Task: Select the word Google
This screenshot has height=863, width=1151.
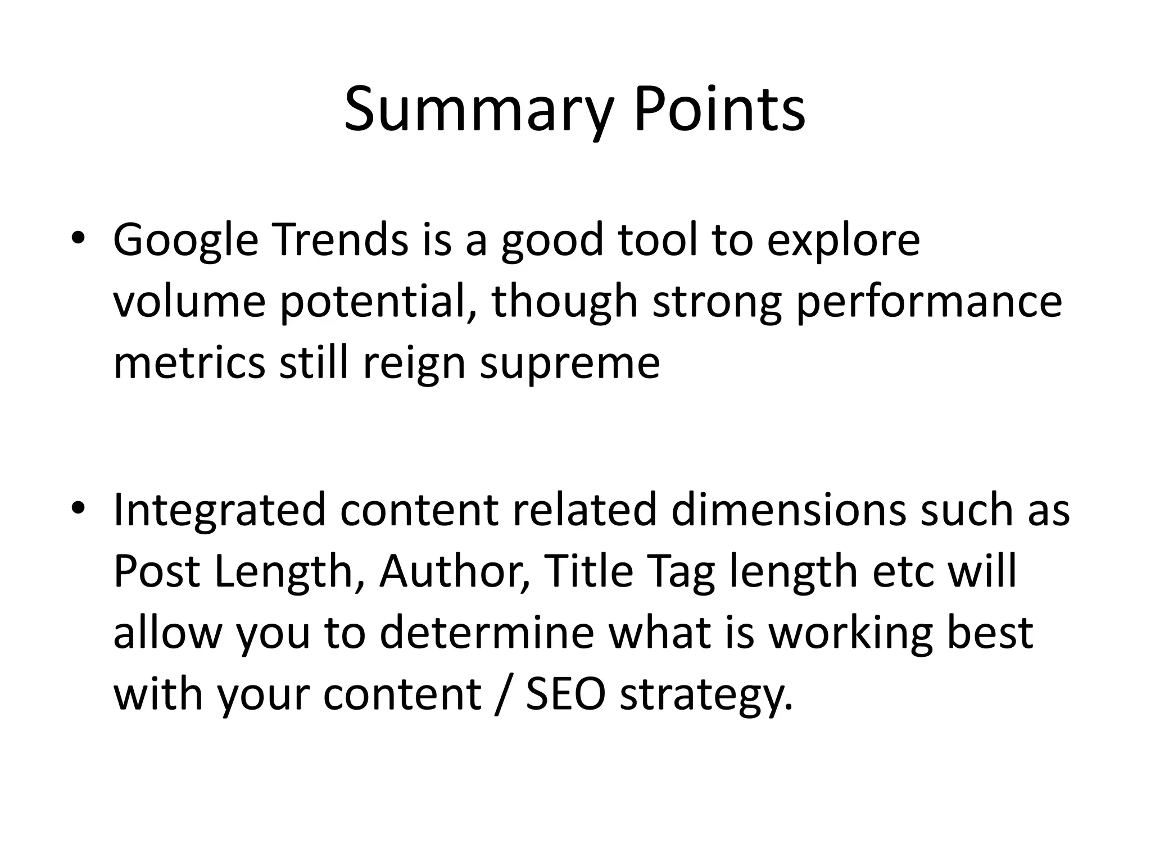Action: point(186,240)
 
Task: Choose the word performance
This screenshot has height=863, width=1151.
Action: point(929,302)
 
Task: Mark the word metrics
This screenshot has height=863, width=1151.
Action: point(189,362)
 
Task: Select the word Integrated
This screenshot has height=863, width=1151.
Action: point(219,510)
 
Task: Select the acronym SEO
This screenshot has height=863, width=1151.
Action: point(565,694)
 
